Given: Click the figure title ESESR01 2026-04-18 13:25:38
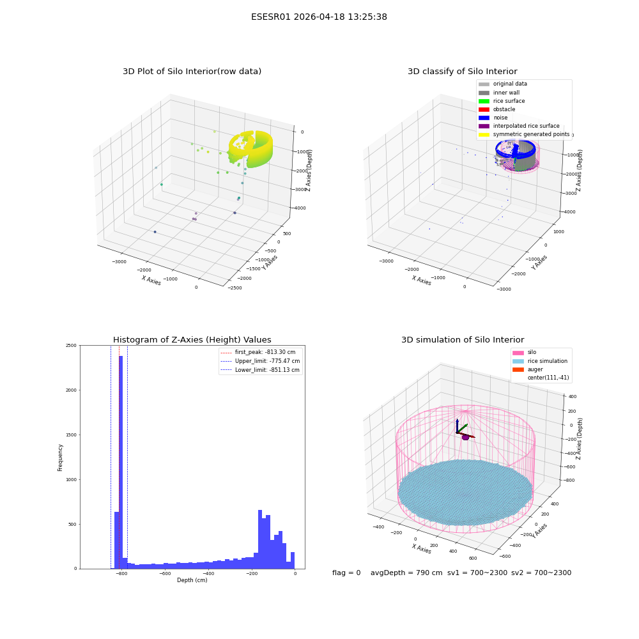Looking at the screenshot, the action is (x=319, y=17).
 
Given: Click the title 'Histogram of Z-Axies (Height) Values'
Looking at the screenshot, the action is (x=192, y=339).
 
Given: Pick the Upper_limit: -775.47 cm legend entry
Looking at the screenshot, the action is (x=260, y=361).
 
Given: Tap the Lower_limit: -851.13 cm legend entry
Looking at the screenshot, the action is (x=260, y=370).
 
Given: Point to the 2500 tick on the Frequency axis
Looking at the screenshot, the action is (x=72, y=346).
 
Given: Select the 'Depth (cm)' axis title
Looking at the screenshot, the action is (x=192, y=580).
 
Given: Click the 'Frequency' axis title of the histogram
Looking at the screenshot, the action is (x=60, y=458).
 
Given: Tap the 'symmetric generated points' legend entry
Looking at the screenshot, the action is (x=524, y=134).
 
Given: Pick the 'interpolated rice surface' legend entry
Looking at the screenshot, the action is (x=519, y=126).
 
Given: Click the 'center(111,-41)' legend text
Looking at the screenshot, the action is (x=548, y=378).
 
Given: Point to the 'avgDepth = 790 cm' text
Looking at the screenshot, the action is (x=406, y=573).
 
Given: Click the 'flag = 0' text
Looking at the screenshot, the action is (x=346, y=573).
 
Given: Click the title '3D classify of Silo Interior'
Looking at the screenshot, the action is (x=463, y=72).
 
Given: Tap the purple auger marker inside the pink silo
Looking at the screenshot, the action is (x=465, y=437).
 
